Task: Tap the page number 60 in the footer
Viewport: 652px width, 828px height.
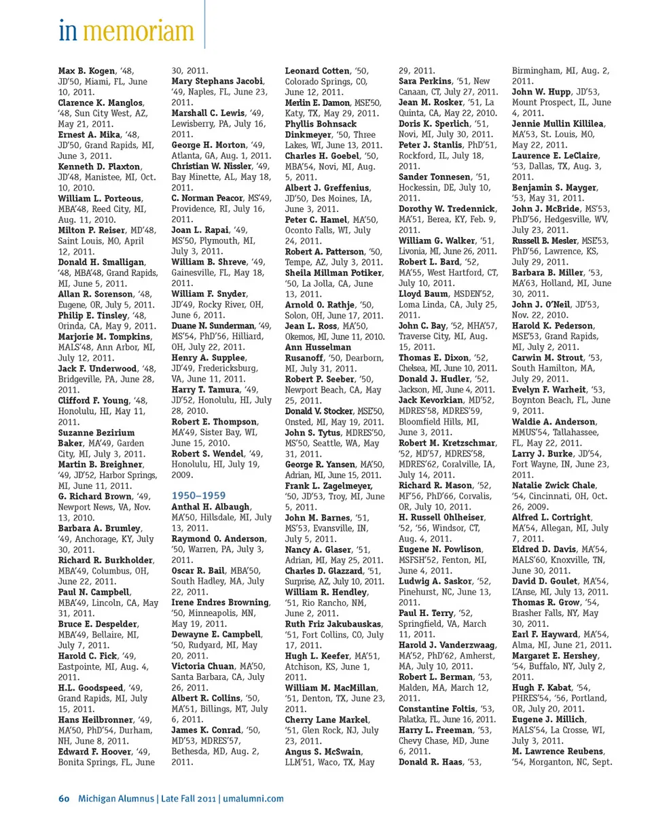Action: [x=64, y=798]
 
